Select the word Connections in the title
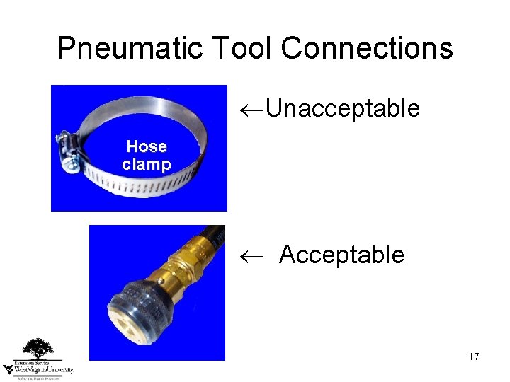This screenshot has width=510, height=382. [x=366, y=48]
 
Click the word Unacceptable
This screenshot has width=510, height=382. [x=344, y=109]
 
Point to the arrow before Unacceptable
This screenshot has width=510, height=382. [x=251, y=110]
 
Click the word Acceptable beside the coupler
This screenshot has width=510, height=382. [x=341, y=255]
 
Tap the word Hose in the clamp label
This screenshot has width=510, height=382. [x=146, y=146]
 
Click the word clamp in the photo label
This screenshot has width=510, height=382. [x=146, y=165]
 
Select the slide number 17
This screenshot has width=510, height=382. [x=474, y=357]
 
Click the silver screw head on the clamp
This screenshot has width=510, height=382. [x=71, y=166]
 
